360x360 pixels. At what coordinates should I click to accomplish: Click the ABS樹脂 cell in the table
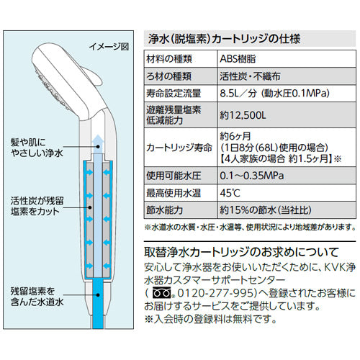pyautogui.click(x=238, y=59)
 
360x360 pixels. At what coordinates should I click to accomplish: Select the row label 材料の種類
pyautogui.click(x=169, y=59)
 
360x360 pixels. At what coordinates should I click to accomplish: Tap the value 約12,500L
pyautogui.click(x=243, y=115)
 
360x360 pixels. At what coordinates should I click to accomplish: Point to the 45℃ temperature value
pyautogui.click(x=230, y=193)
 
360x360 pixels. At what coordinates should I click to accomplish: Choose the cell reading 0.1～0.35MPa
pyautogui.click(x=252, y=176)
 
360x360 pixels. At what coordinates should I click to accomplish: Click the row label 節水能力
pyautogui.click(x=165, y=210)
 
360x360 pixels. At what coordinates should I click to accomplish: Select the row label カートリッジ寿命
pyautogui.click(x=179, y=148)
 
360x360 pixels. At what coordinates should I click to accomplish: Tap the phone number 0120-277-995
pyautogui.click(x=215, y=293)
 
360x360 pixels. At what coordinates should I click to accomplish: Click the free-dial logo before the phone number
pyautogui.click(x=162, y=293)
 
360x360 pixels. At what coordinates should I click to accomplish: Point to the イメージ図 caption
pyautogui.click(x=109, y=47)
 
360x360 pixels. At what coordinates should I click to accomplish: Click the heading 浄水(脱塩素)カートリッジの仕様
pyautogui.click(x=224, y=39)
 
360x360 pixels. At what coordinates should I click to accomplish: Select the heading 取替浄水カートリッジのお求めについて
pyautogui.click(x=241, y=252)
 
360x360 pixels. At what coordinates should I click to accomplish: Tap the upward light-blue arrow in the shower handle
pyautogui.click(x=97, y=143)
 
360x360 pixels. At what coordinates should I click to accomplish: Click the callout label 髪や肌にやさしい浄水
pyautogui.click(x=37, y=148)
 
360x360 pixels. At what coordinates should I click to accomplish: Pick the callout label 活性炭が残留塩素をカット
pyautogui.click(x=37, y=206)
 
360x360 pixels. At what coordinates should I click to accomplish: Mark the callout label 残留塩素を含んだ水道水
pyautogui.click(x=37, y=297)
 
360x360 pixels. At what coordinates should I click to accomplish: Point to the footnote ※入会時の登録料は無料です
pyautogui.click(x=210, y=319)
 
